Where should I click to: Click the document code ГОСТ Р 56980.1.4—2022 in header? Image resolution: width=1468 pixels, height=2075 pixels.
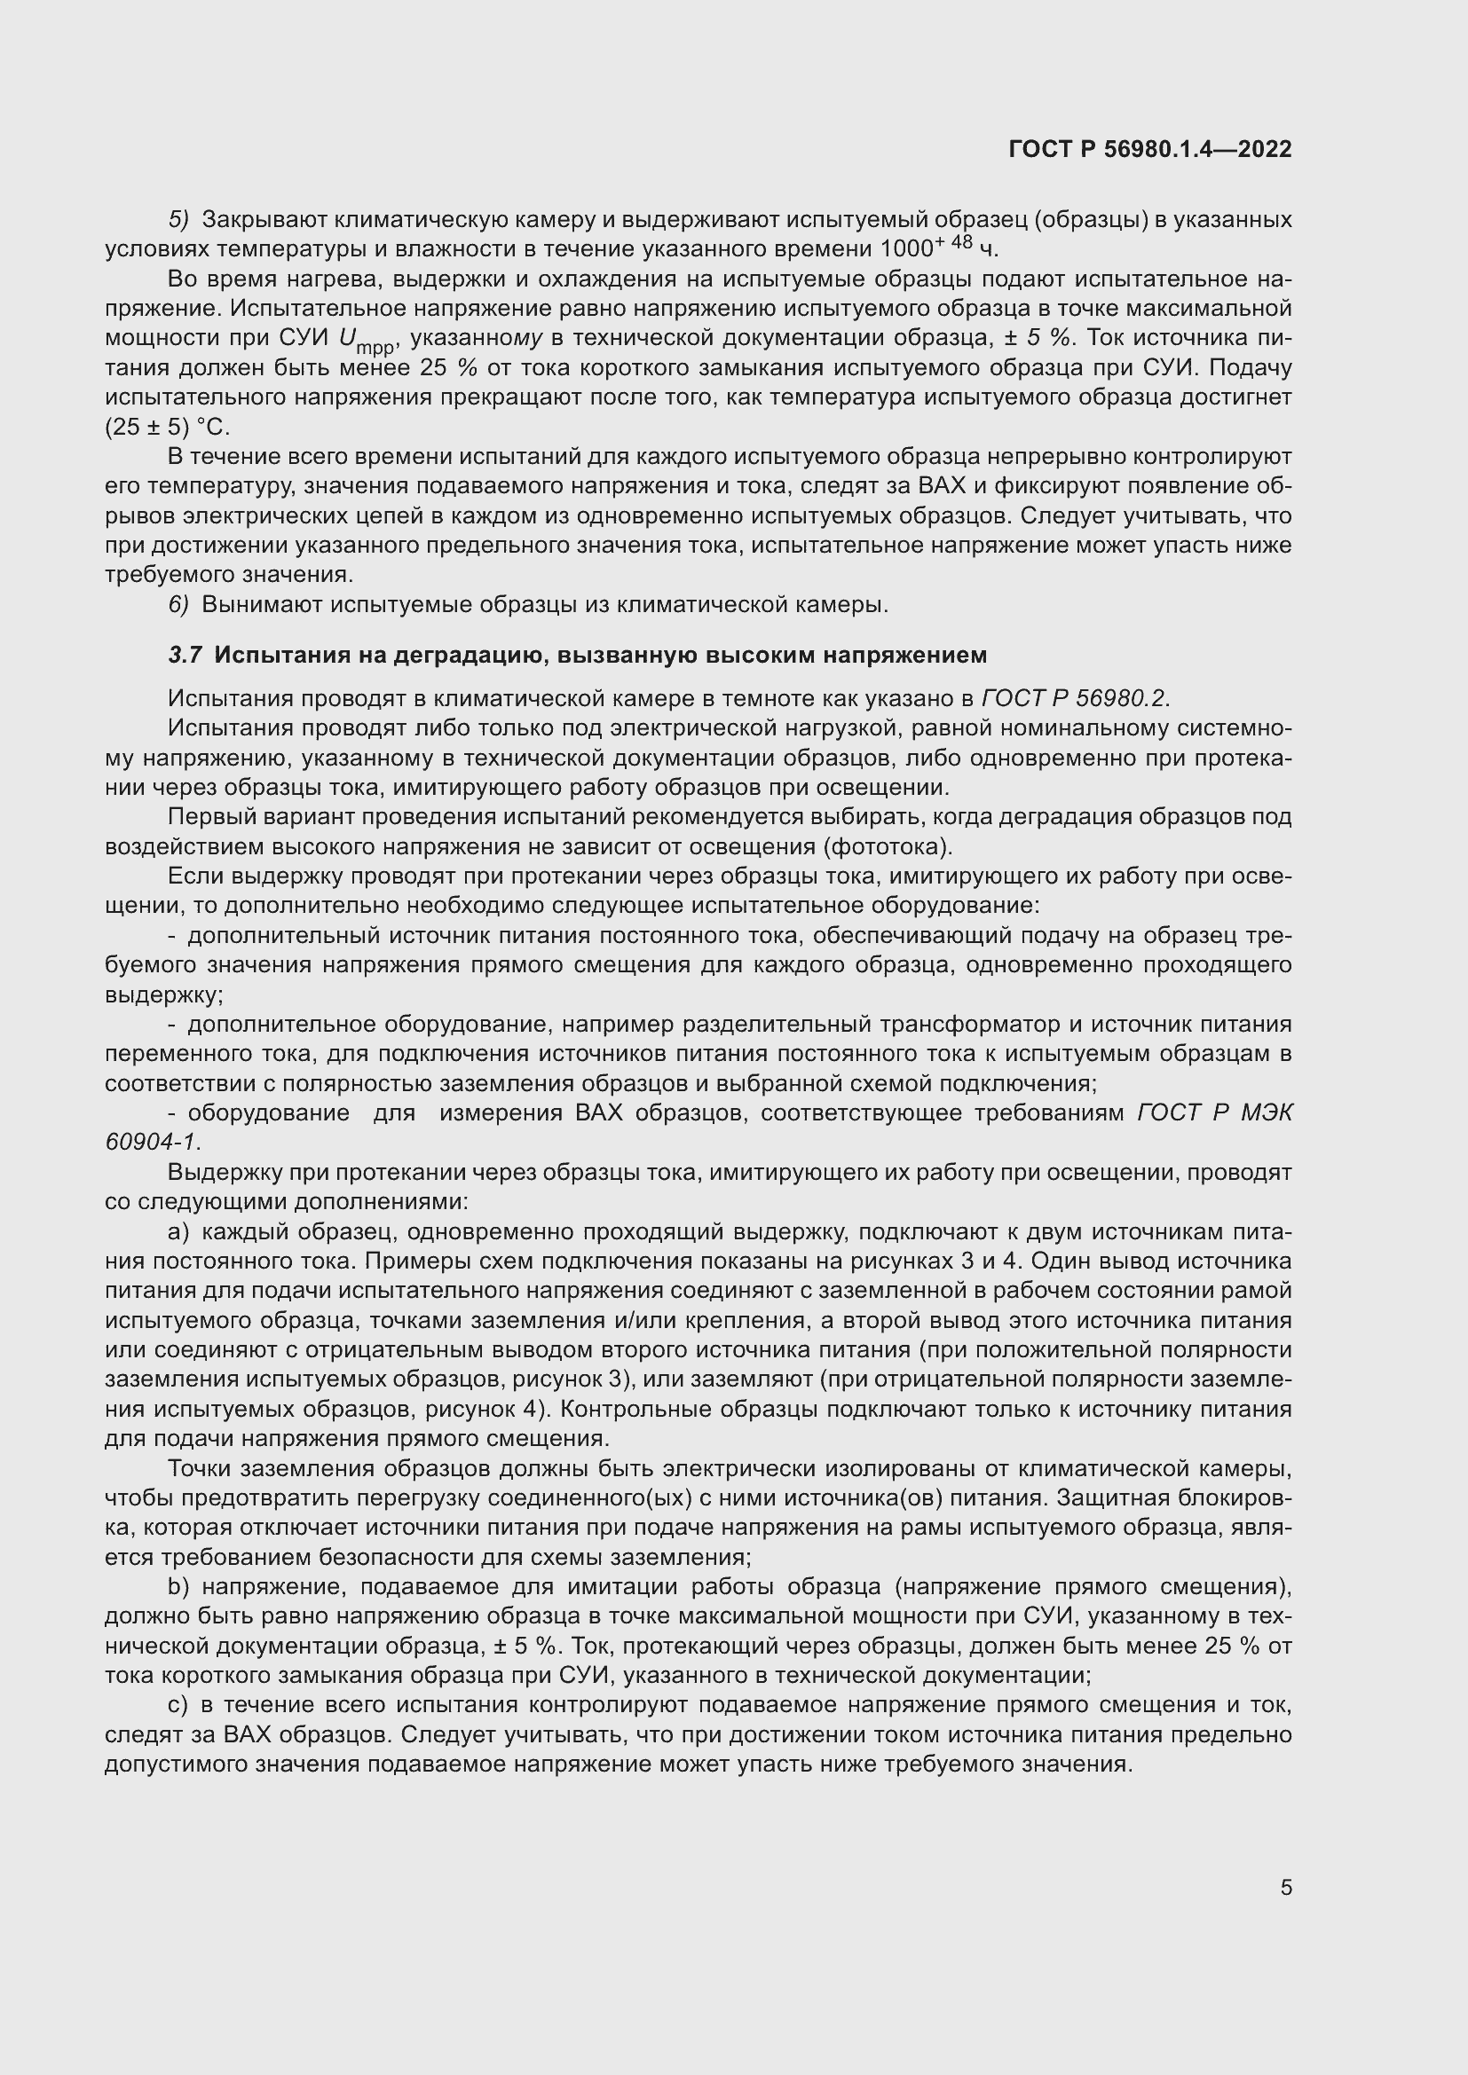pyautogui.click(x=1149, y=149)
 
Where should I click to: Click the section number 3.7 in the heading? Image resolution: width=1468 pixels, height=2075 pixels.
pyautogui.click(x=185, y=656)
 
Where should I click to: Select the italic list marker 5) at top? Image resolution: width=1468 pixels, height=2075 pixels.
pyautogui.click(x=178, y=220)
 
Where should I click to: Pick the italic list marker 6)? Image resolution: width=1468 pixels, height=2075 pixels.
pyautogui.click(x=178, y=605)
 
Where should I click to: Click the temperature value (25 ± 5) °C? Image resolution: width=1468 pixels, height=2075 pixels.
pyautogui.click(x=167, y=428)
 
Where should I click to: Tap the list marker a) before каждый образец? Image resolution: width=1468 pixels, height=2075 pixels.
pyautogui.click(x=178, y=1232)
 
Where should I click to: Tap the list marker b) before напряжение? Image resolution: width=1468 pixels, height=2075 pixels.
pyautogui.click(x=178, y=1588)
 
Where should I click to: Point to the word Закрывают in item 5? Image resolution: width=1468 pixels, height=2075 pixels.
pyautogui.click(x=264, y=220)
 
